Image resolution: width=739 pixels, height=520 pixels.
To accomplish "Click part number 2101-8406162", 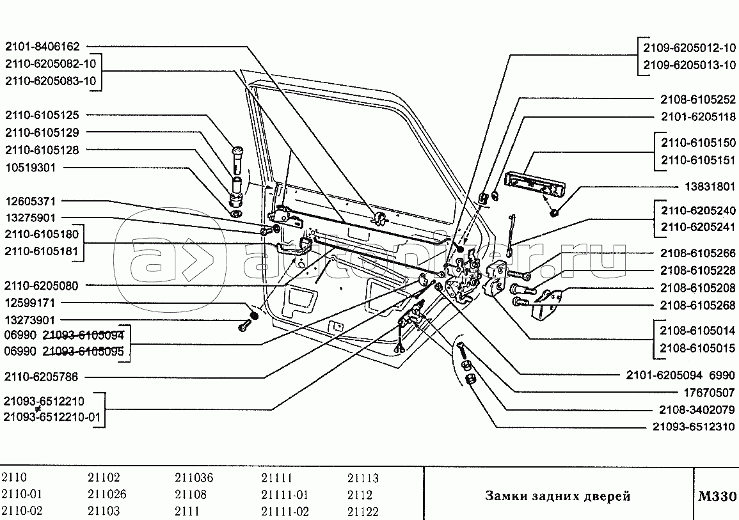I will coord(42,47).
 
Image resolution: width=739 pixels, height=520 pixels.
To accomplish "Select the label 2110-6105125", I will coord(42,116).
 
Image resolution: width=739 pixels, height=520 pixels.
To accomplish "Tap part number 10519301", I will coord(32,168).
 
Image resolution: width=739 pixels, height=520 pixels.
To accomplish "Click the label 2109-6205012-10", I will coord(690,48).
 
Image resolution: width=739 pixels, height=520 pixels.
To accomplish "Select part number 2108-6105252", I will coord(698,100).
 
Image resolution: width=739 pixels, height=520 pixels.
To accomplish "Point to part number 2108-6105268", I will coord(698,304).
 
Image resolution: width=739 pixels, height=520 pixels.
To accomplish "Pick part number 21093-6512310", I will coord(694,427).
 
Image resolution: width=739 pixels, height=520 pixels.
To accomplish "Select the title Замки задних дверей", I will coord(557,496).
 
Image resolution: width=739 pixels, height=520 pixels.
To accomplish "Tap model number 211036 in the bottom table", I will coord(194,478).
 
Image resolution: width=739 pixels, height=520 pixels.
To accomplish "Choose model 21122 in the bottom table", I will coord(363,512).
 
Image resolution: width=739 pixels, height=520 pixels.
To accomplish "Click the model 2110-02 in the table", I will coord(22,512).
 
